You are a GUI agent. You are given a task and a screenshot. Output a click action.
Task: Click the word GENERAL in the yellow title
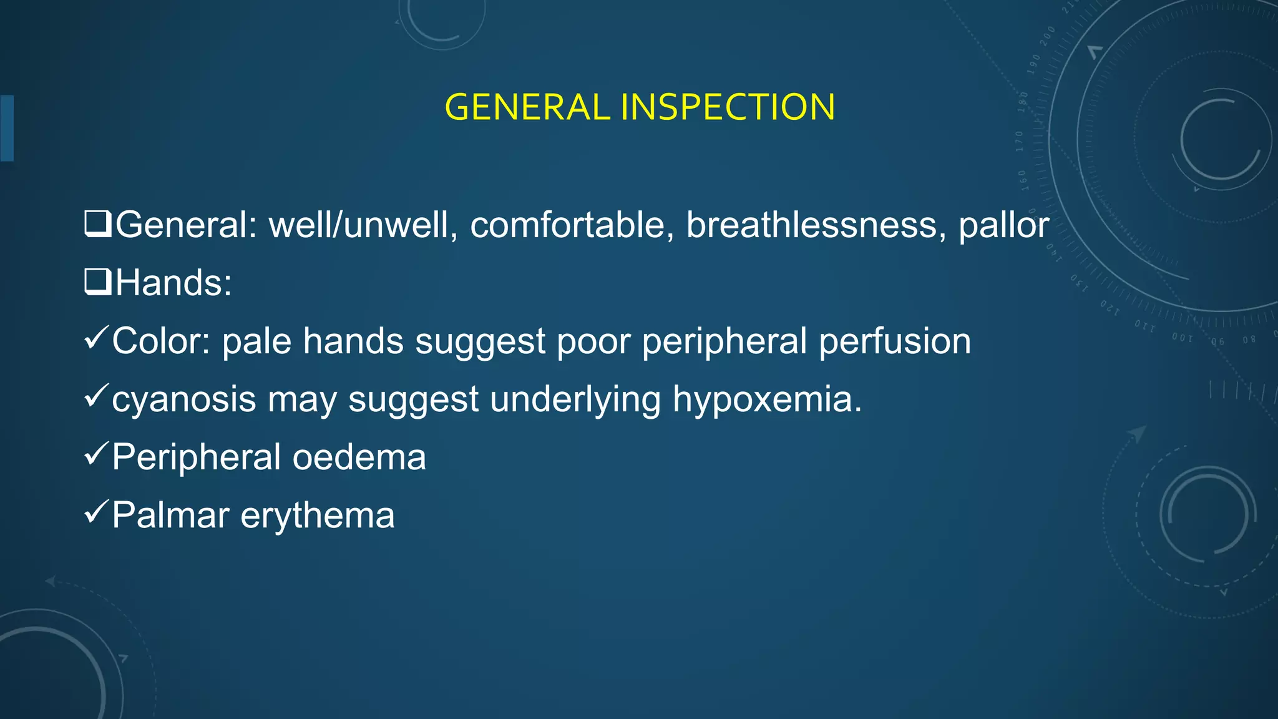click(527, 107)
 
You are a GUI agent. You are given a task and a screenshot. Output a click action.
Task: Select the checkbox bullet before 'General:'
click(98, 224)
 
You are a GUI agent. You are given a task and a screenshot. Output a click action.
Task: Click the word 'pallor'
click(1003, 226)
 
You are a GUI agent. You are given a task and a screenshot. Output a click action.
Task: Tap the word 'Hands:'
click(173, 283)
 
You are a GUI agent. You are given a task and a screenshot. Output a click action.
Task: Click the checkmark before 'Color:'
click(96, 338)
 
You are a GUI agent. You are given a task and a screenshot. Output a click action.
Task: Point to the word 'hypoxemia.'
click(767, 400)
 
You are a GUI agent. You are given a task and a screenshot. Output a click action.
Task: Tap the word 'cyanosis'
click(183, 399)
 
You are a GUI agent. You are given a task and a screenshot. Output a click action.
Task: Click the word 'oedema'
click(359, 457)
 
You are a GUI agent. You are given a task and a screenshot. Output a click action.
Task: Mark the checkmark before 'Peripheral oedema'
click(96, 454)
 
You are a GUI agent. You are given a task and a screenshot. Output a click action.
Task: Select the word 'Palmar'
click(170, 516)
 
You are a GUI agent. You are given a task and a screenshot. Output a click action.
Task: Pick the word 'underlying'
click(575, 400)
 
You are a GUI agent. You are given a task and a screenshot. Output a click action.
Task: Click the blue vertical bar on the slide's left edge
click(7, 128)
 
